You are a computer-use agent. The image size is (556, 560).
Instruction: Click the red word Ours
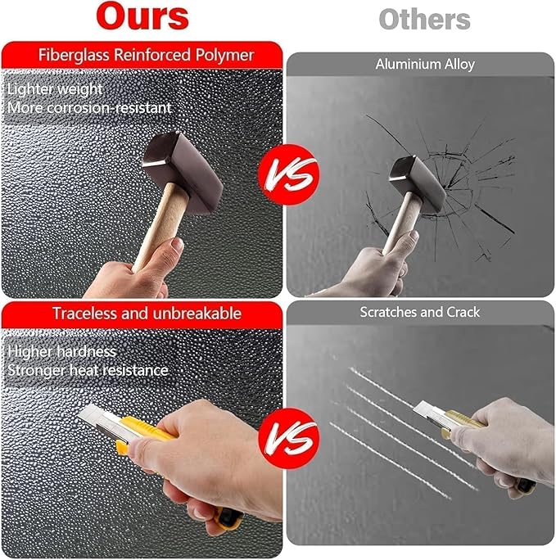point(142,16)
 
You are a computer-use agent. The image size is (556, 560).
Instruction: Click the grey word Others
point(424,20)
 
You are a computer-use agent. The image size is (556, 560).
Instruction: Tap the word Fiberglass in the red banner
point(74,56)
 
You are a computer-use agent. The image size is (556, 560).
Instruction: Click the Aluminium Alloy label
point(425,65)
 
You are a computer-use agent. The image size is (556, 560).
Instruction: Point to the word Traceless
point(84,314)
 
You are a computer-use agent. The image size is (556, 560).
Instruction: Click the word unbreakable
point(197,314)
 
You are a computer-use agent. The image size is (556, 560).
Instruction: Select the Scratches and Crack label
point(419,312)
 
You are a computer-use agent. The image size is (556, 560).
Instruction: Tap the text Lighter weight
point(55,89)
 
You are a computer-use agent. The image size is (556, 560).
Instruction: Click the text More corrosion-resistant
point(89,108)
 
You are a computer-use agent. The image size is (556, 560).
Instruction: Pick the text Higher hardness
point(62,351)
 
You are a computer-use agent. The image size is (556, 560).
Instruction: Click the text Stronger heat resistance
point(88,370)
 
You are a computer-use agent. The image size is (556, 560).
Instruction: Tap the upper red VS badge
point(288,174)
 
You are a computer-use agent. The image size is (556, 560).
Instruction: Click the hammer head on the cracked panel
point(418,185)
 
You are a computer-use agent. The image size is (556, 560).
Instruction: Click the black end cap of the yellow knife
point(229,518)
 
